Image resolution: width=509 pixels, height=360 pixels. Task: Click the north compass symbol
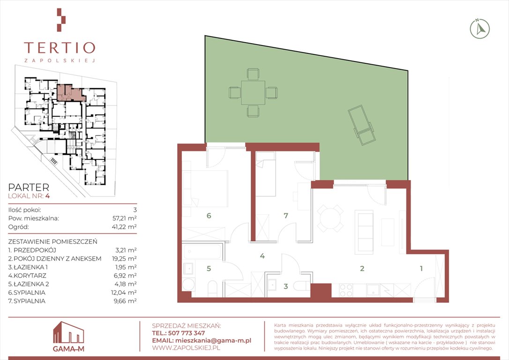click(480, 29)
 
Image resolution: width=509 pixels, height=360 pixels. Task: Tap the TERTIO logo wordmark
click(60, 48)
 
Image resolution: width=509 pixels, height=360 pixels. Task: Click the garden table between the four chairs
click(253, 93)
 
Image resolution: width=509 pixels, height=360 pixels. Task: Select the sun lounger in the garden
click(362, 125)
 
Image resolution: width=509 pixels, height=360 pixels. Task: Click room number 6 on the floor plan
click(209, 216)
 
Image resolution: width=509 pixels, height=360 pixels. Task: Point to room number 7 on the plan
click(285, 216)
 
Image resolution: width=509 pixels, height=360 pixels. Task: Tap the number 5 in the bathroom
click(209, 269)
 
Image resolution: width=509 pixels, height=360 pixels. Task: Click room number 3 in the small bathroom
click(285, 286)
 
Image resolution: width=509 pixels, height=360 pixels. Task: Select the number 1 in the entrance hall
click(421, 269)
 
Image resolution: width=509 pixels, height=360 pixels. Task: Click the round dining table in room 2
click(330, 218)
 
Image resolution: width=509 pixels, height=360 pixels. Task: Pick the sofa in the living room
click(365, 232)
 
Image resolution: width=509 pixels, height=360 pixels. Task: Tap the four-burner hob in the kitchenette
click(346, 290)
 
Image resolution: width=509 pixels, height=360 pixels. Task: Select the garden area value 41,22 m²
click(124, 226)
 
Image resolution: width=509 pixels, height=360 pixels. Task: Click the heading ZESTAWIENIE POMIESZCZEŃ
click(52, 241)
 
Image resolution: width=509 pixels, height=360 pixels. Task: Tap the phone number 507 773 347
click(187, 333)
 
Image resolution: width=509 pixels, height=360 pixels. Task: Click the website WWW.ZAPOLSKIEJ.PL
click(186, 348)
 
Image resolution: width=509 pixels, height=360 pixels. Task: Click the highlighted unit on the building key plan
click(69, 92)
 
